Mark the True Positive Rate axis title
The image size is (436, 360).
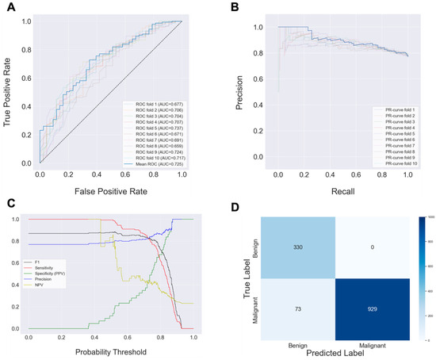[x=9, y=91]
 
